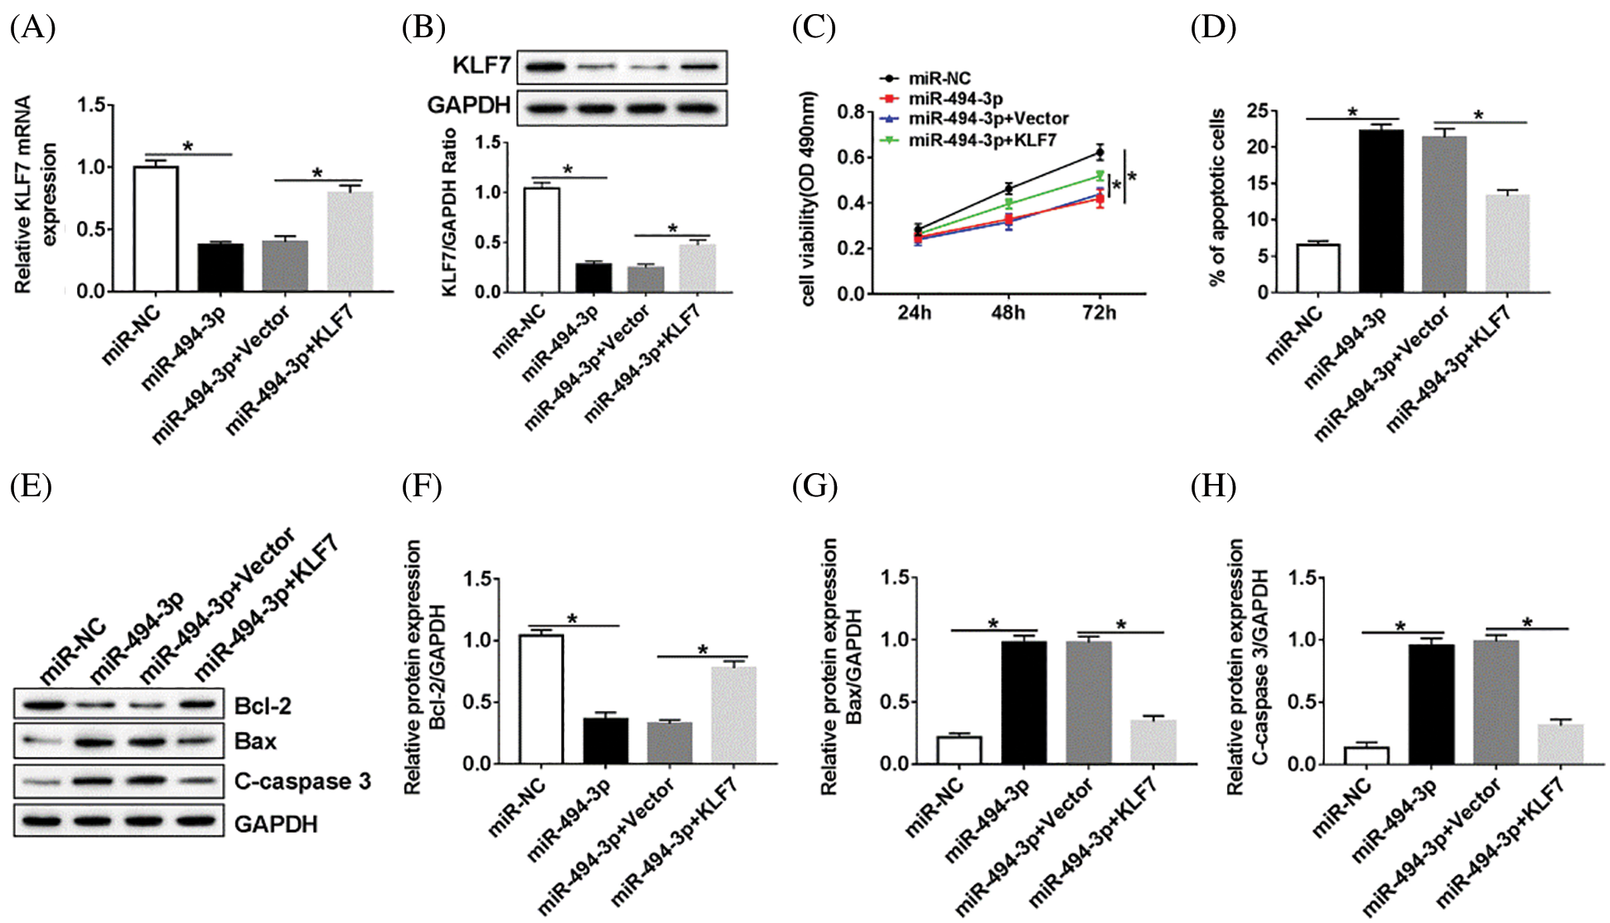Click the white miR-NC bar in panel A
[156, 229]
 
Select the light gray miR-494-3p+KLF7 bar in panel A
[350, 241]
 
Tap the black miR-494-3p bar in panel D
[1381, 211]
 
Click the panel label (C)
[814, 27]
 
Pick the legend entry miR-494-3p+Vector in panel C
[988, 118]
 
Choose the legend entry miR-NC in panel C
[940, 79]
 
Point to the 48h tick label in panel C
[1008, 312]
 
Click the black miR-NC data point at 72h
[1100, 152]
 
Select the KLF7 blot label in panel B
[481, 65]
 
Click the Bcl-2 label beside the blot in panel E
[263, 706]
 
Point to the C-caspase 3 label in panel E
[302, 781]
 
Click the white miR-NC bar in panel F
[541, 699]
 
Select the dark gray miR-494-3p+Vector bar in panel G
[1088, 703]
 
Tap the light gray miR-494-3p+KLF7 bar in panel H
[1560, 744]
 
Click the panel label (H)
[1213, 486]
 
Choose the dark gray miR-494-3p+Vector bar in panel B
[645, 279]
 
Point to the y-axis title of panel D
[1217, 197]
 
